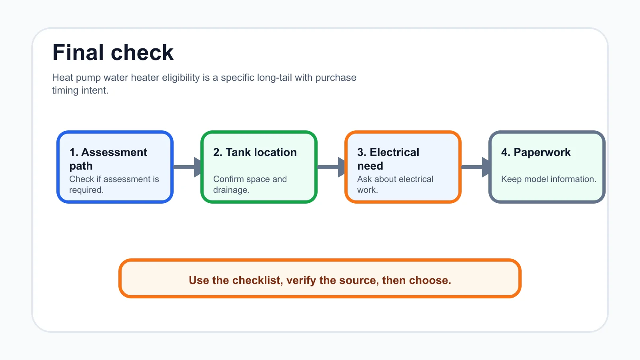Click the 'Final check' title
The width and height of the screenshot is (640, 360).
(x=113, y=52)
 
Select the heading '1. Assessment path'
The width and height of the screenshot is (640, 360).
(x=108, y=159)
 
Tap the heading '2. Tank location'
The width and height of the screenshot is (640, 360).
(x=255, y=152)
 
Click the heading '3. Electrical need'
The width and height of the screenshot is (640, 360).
(x=388, y=159)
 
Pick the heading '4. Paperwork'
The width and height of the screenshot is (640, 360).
(x=536, y=152)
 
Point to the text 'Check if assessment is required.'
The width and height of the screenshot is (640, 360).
(x=114, y=184)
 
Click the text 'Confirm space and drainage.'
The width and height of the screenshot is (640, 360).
(x=250, y=184)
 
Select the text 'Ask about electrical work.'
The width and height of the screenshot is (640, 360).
(x=395, y=184)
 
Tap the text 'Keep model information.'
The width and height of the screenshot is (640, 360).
(x=548, y=179)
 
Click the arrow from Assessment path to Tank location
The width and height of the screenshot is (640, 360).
(x=187, y=167)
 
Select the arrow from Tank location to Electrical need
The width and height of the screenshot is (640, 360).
(x=331, y=167)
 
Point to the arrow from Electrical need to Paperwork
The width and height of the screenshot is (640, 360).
(x=475, y=167)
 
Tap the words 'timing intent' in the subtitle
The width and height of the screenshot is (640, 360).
(x=80, y=90)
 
